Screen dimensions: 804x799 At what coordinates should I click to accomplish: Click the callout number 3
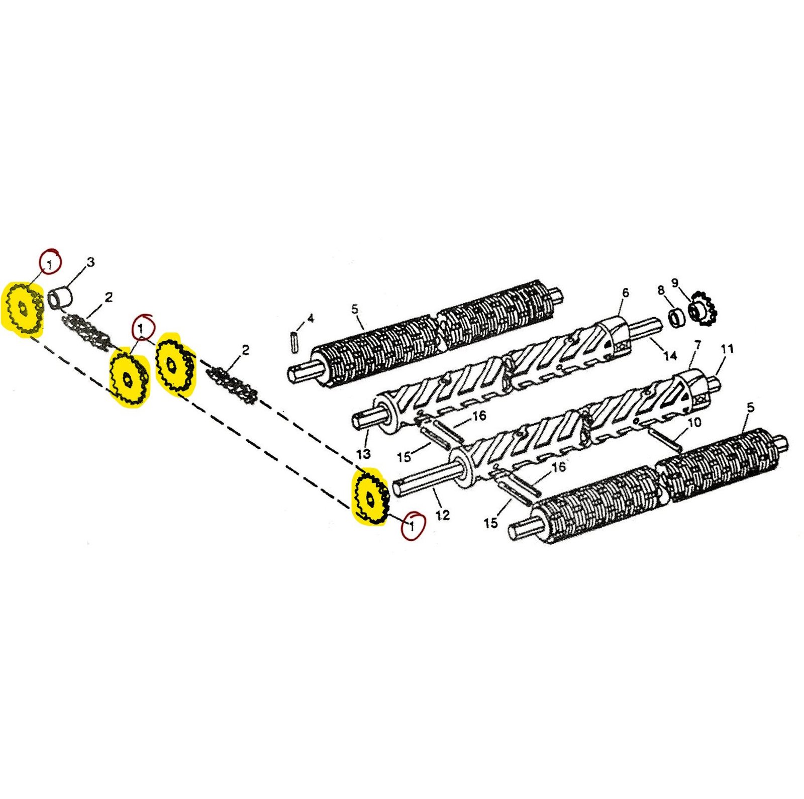pos(90,262)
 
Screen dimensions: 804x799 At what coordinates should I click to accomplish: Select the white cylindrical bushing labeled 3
pos(60,297)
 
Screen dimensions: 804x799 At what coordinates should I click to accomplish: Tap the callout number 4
pos(311,318)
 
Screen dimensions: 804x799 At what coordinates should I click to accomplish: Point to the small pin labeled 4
pos(295,342)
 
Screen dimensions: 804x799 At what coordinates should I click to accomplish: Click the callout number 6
pos(626,293)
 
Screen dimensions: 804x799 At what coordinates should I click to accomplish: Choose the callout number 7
pos(697,345)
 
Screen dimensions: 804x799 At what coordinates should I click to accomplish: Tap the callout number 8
pos(661,290)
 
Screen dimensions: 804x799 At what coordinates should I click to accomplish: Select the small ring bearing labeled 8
pos(676,318)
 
